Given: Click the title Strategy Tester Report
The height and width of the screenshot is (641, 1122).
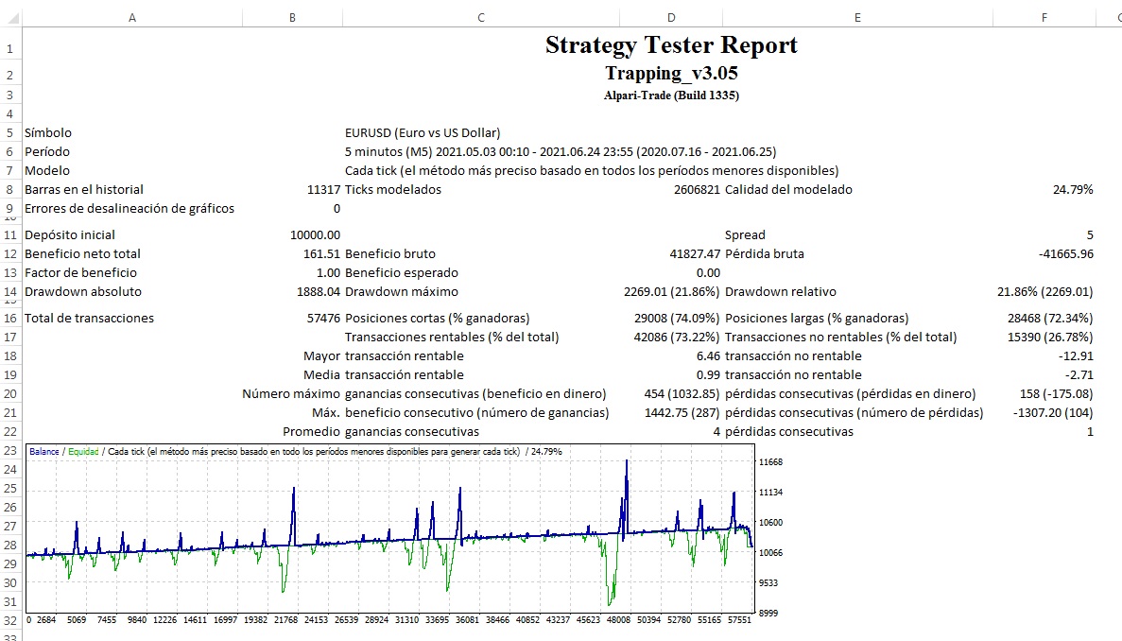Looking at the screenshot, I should [x=671, y=45].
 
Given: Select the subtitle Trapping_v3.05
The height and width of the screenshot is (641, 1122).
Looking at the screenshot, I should [x=671, y=73].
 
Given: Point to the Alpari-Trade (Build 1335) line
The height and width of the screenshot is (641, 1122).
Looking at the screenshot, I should [x=671, y=95].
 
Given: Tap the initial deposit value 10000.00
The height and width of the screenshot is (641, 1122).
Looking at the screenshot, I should [x=316, y=235].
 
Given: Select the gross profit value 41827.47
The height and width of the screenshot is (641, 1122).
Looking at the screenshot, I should [x=695, y=254].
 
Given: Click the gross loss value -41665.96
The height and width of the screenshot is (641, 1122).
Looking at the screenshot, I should [x=1065, y=254].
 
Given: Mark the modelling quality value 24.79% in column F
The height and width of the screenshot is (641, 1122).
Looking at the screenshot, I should [x=1073, y=190].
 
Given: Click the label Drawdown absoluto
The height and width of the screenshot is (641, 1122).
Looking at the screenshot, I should [x=83, y=292].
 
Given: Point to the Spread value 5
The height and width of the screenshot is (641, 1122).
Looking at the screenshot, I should [x=1090, y=235].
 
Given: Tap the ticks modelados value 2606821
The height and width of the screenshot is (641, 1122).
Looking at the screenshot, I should [x=691, y=190].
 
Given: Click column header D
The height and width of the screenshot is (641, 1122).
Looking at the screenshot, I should [x=671, y=17].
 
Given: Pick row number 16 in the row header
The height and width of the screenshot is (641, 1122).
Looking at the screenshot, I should [x=10, y=319].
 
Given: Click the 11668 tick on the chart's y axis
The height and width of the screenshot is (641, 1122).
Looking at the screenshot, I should [x=771, y=462].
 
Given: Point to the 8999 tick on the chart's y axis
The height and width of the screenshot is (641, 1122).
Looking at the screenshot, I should [x=768, y=614].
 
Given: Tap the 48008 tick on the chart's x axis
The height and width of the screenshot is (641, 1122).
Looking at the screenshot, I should [x=618, y=621].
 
